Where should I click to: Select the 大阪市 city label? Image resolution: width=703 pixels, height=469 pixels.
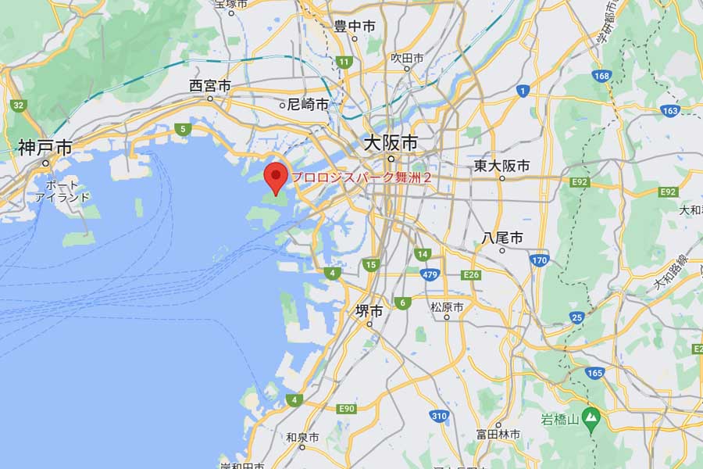tap(390, 143)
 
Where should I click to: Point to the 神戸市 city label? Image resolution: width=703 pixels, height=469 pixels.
tap(45, 147)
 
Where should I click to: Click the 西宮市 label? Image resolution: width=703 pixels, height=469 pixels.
tap(210, 86)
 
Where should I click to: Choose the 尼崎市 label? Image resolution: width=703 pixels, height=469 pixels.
tap(307, 103)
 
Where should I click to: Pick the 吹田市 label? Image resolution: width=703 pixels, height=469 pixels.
tap(407, 58)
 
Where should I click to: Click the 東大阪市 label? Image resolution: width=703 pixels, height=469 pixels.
tap(501, 166)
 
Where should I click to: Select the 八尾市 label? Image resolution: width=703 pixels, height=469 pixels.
tap(502, 237)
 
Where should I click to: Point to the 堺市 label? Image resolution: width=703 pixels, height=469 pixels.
tap(369, 310)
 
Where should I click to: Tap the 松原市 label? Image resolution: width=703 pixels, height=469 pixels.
tap(447, 306)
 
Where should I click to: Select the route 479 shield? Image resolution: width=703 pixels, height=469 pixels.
tap(428, 274)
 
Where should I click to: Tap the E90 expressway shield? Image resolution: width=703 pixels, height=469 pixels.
tap(347, 409)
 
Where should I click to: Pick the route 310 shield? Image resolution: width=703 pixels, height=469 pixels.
tap(439, 415)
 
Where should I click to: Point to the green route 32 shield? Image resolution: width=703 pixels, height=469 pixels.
tap(17, 105)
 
